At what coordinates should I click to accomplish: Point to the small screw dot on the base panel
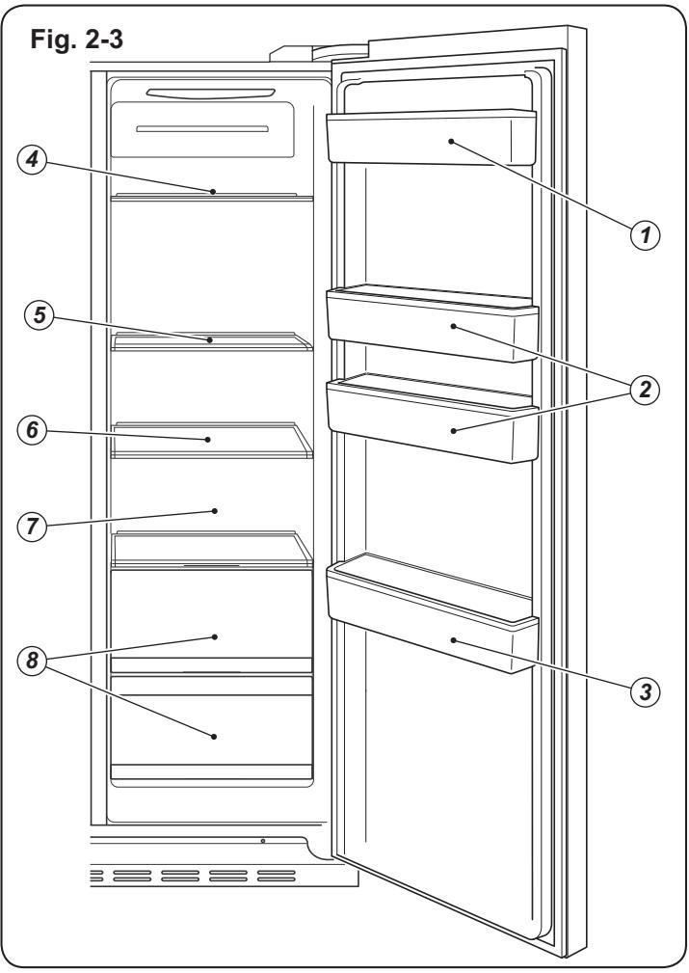click(263, 841)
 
